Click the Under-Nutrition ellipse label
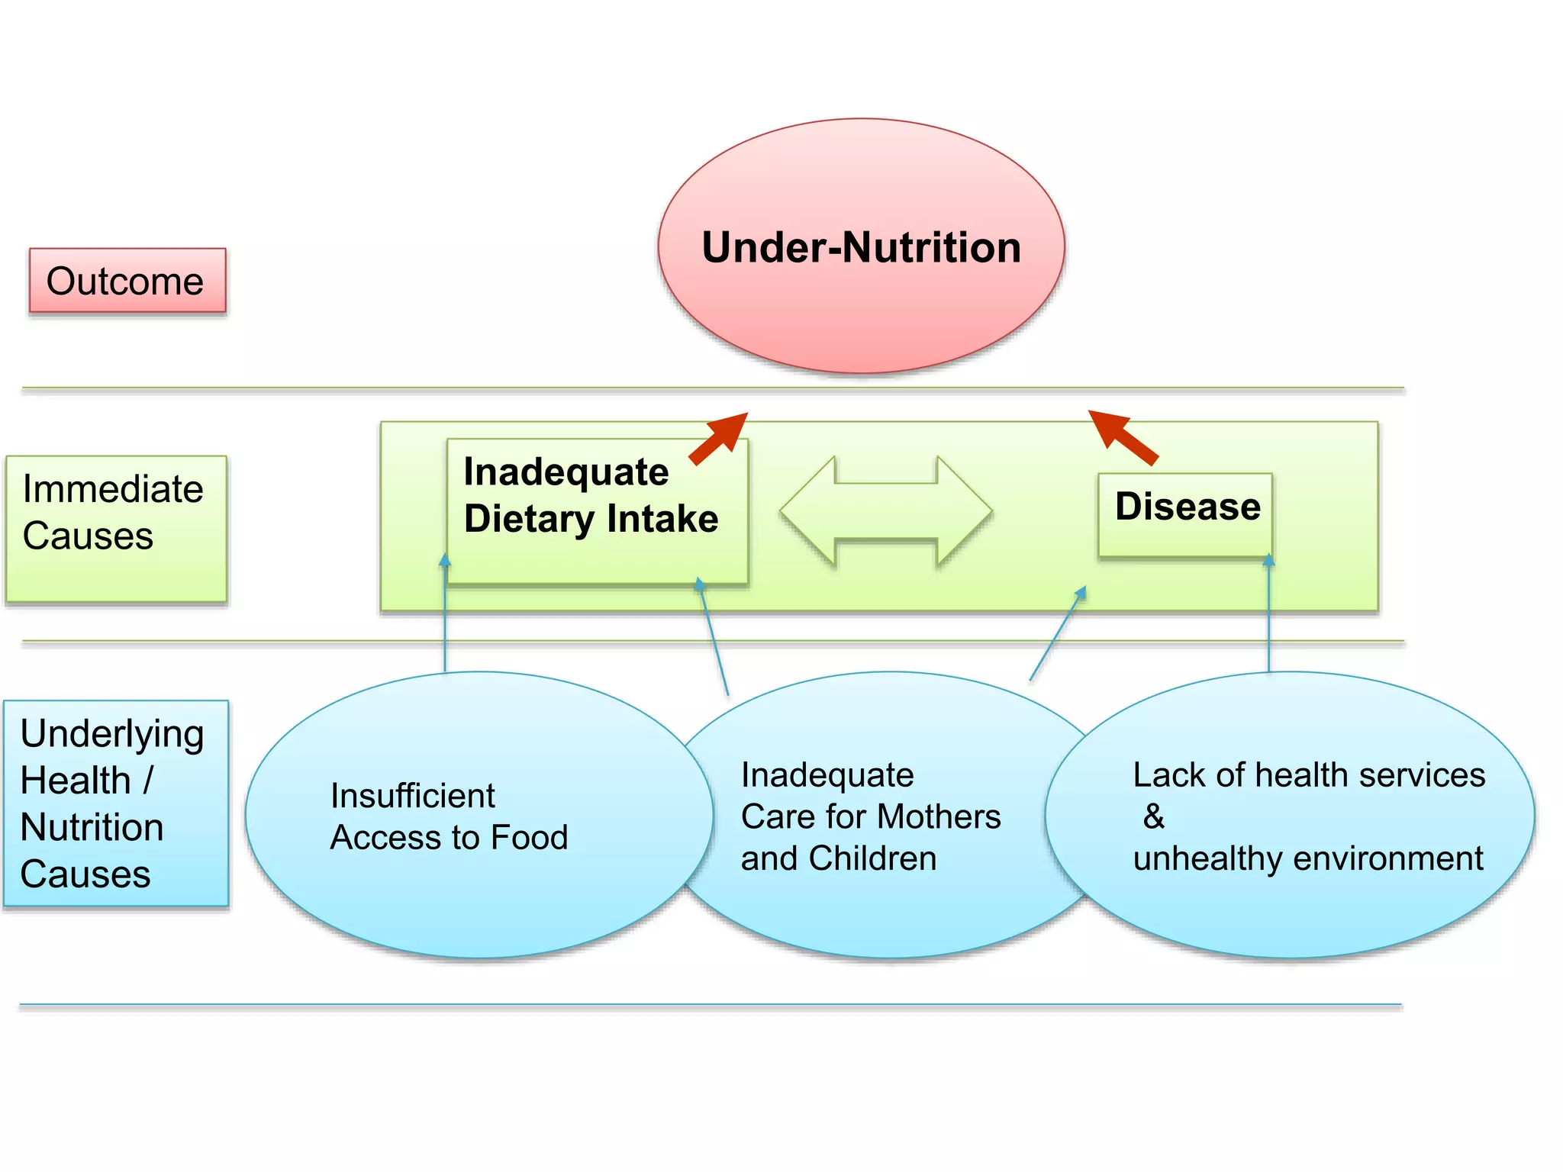click(861, 248)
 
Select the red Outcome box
click(127, 281)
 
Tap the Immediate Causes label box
click(116, 528)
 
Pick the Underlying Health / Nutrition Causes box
click(116, 803)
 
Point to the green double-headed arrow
click(885, 510)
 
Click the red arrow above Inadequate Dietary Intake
click(719, 437)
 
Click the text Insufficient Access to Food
click(449, 816)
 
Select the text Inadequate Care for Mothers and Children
click(870, 816)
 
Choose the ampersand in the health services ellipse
click(1154, 816)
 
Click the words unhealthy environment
click(1307, 858)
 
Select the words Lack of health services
click(1308, 775)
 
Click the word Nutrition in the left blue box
click(92, 827)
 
